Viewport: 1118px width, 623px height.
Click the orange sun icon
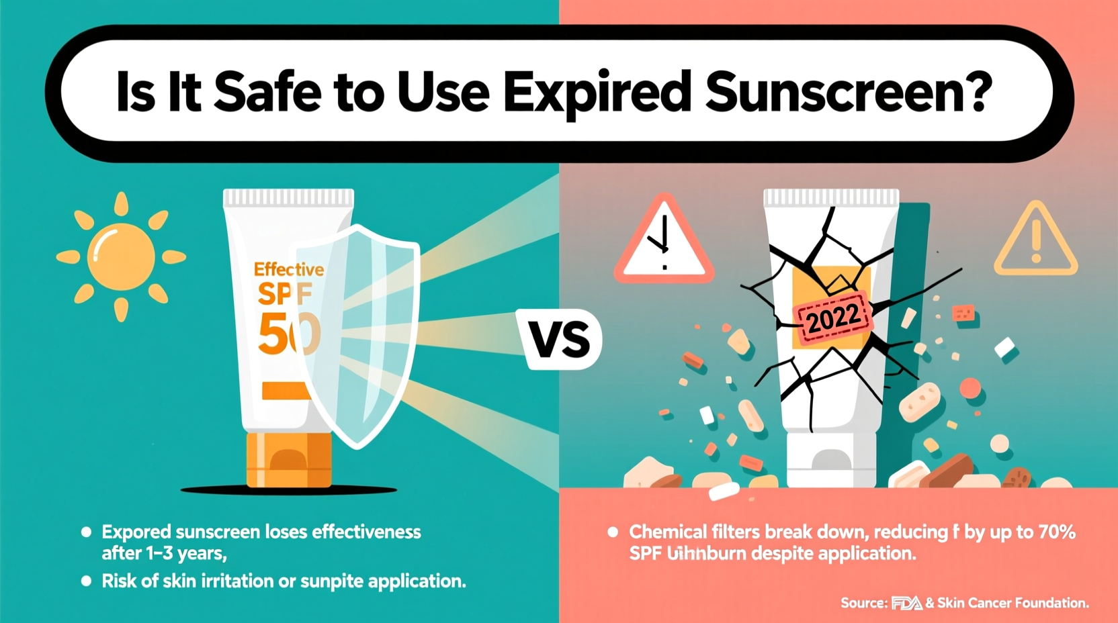coord(121,256)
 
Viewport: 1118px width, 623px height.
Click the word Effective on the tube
coord(288,270)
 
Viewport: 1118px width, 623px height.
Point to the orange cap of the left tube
coord(289,460)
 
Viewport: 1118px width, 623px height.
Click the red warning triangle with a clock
coord(664,242)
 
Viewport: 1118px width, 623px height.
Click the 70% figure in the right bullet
coord(1057,532)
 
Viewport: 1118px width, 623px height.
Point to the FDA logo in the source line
coord(906,604)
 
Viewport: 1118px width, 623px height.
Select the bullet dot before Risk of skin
coord(86,581)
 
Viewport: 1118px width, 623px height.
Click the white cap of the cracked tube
coord(831,460)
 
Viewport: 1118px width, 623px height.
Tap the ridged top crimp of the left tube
coord(288,197)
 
